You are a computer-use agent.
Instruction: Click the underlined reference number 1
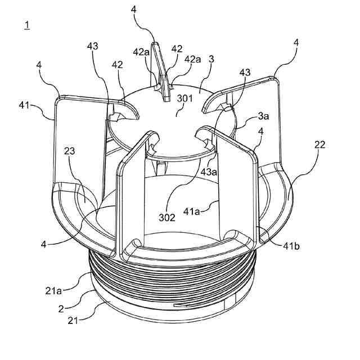point(27,25)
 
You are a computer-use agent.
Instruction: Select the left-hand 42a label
point(141,52)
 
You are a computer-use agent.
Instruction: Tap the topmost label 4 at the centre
point(133,10)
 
